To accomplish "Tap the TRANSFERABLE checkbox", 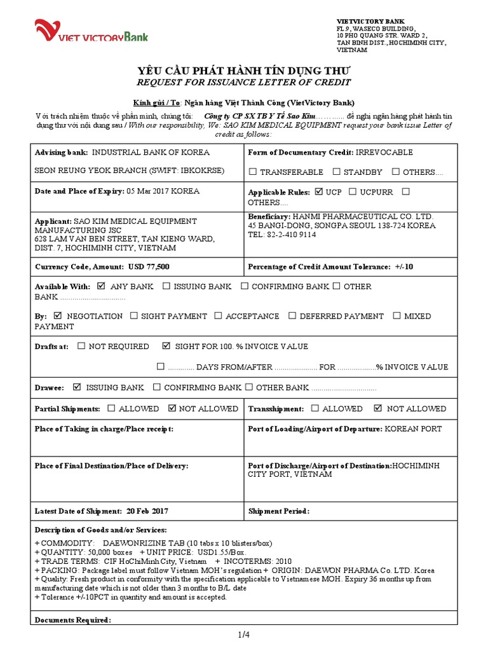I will pyautogui.click(x=253, y=172).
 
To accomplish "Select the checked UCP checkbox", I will pyautogui.click(x=319, y=191).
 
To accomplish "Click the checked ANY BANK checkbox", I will pyautogui.click(x=102, y=287).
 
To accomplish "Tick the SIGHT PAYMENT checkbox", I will pyautogui.click(x=134, y=316).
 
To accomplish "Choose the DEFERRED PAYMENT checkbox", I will pyautogui.click(x=292, y=316).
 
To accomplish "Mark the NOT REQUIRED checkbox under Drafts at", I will pyautogui.click(x=81, y=346).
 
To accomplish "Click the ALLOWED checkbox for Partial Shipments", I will pyautogui.click(x=112, y=409).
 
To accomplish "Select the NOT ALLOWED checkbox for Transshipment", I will pyautogui.click(x=379, y=409).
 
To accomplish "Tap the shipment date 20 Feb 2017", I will pyautogui.click(x=147, y=511).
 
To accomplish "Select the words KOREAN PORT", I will pyautogui.click(x=413, y=429).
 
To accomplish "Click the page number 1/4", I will pyautogui.click(x=244, y=634).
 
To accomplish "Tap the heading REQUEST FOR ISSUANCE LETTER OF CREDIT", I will pyautogui.click(x=244, y=83).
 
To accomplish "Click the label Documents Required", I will pyautogui.click(x=72, y=620).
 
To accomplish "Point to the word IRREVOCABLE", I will pyautogui.click(x=384, y=153).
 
